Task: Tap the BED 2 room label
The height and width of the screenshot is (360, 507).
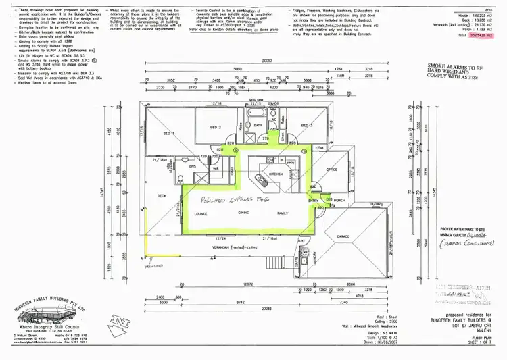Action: click(216, 127)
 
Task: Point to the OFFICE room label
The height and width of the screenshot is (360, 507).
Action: click(331, 170)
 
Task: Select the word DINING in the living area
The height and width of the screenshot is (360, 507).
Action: click(243, 213)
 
